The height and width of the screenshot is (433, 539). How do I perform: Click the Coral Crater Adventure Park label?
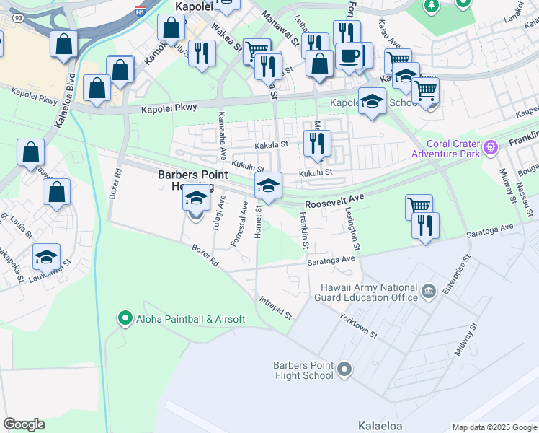coord(445,148)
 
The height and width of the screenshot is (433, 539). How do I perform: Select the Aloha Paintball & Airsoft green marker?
coord(125,318)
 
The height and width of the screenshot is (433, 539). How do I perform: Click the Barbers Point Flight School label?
coord(303,370)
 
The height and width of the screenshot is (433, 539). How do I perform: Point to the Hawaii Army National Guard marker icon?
coord(429,292)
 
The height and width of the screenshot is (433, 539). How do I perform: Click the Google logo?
coord(24,424)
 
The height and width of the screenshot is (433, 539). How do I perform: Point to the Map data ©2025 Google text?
coord(494,427)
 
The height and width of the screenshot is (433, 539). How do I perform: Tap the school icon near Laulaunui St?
coord(46,256)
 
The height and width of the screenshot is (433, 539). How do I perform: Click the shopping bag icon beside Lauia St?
coord(56,192)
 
